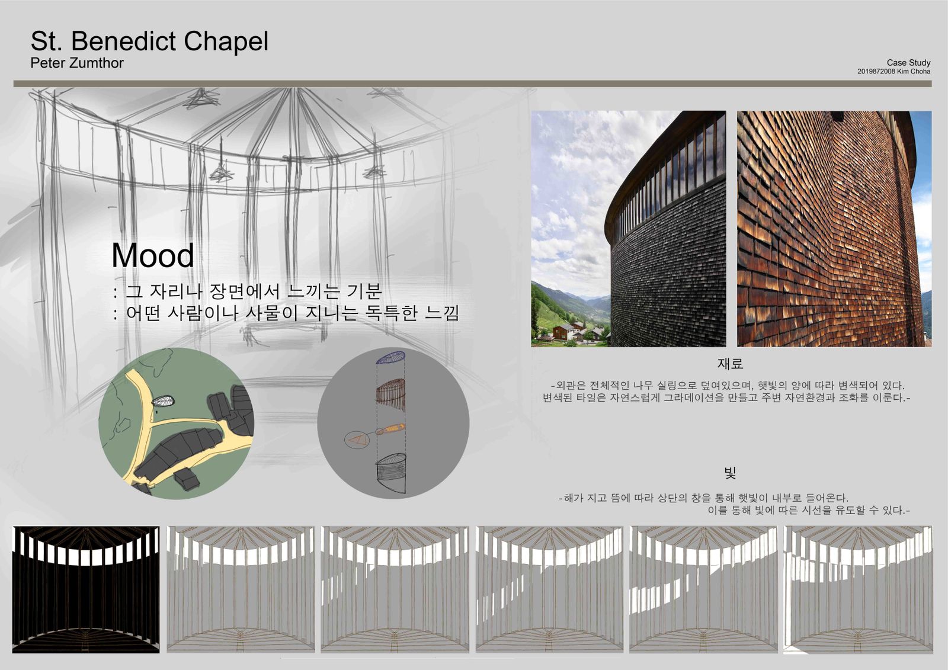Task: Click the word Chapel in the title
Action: point(226,41)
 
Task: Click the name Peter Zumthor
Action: point(77,63)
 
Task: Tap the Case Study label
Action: point(908,63)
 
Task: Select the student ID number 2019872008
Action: point(876,72)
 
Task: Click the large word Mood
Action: point(153,256)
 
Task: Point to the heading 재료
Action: point(731,363)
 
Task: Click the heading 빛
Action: point(731,472)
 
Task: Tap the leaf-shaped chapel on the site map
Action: point(163,401)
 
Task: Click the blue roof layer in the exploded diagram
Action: point(390,357)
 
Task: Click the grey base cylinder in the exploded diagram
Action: point(391,473)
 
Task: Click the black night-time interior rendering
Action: point(86,589)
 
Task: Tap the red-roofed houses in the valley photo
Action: point(574,332)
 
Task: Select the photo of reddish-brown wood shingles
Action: point(834,229)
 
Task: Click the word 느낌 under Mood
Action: point(442,313)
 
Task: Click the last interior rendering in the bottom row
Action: point(859,589)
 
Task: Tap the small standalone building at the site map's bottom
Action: point(186,480)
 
